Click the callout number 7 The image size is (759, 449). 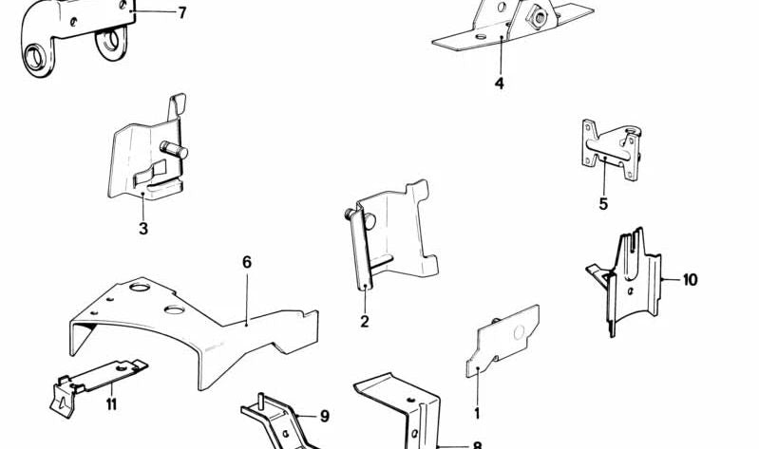tap(181, 12)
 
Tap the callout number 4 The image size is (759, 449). tap(499, 84)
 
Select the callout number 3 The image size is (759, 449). tap(142, 229)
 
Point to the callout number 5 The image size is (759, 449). tap(603, 203)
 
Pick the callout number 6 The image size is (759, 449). tap(247, 261)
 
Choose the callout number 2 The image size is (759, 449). tap(364, 322)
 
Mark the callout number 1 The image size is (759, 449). tap(477, 413)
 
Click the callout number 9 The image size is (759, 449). tap(324, 415)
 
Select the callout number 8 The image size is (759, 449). tap(477, 443)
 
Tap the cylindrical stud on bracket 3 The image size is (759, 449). tap(174, 149)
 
